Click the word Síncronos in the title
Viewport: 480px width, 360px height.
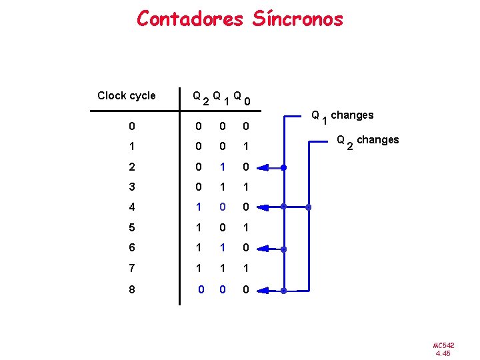[298, 18]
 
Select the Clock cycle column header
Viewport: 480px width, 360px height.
[126, 95]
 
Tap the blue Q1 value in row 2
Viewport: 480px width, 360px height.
[223, 166]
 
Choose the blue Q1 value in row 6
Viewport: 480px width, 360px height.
[223, 249]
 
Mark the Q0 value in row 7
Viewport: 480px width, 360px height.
[245, 269]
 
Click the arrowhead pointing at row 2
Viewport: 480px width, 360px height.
[262, 167]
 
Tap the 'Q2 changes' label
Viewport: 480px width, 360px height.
[367, 141]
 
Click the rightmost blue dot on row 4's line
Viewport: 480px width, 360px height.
[308, 207]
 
